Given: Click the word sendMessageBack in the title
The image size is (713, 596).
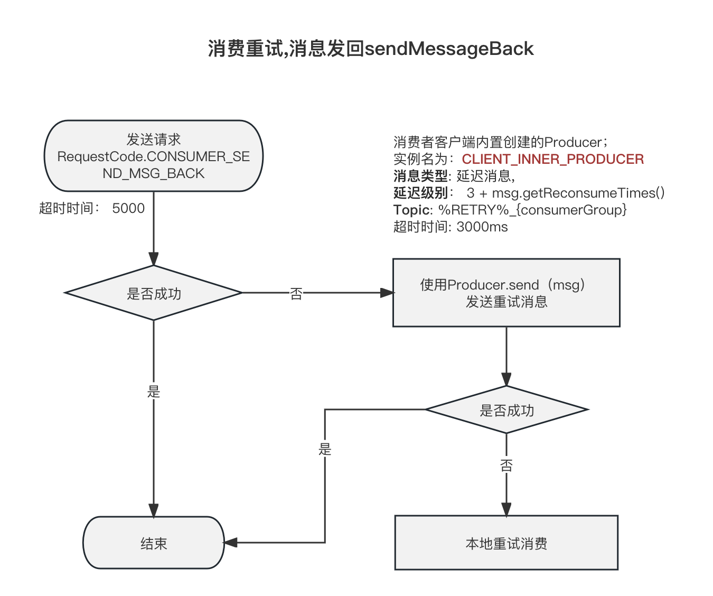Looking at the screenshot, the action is pos(449,49).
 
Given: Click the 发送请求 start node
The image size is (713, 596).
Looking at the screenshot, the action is pos(154,156).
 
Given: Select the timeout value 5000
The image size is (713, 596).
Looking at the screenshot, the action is pos(128,208).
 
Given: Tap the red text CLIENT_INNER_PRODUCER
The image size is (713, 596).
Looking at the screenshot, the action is pos(553,159).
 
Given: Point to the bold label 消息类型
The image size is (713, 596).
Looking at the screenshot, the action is pos(420,176).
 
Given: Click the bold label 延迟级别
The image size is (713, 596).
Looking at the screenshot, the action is pos(420,193).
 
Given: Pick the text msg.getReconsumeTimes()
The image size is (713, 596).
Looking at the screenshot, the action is pos(578,193).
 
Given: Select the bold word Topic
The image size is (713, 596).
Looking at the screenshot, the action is pos(411,210).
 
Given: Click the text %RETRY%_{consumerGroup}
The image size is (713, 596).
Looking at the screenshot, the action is pos(533,210).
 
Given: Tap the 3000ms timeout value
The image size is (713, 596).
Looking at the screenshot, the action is pos(482,227).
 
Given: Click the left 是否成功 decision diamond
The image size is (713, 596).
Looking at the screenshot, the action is pos(154,293).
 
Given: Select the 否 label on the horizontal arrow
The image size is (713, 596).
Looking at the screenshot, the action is pos(296,294).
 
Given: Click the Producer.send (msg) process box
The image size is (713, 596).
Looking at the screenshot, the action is pos(506,293).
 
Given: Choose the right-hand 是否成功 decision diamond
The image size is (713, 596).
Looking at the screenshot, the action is pos(506,409).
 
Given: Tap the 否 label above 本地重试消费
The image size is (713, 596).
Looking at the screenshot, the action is pos(506,465).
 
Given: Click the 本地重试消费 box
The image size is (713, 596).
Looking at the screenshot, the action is pos(506,543).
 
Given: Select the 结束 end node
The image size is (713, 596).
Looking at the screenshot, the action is pos(154,543).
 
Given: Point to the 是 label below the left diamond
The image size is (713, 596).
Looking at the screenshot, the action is pos(154,392).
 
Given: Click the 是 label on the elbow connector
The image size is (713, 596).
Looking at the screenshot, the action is pos(325,449).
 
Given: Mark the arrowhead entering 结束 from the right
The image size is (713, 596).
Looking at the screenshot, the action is pos(230,542).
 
